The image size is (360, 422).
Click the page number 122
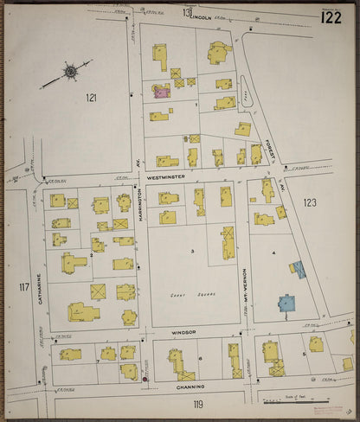coord(330,16)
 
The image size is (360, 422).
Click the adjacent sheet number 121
coord(91,98)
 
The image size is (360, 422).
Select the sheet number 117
coord(22,285)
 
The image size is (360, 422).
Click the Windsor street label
coord(184,331)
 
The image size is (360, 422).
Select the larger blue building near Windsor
coord(286,304)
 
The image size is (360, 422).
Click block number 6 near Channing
coord(200,358)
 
